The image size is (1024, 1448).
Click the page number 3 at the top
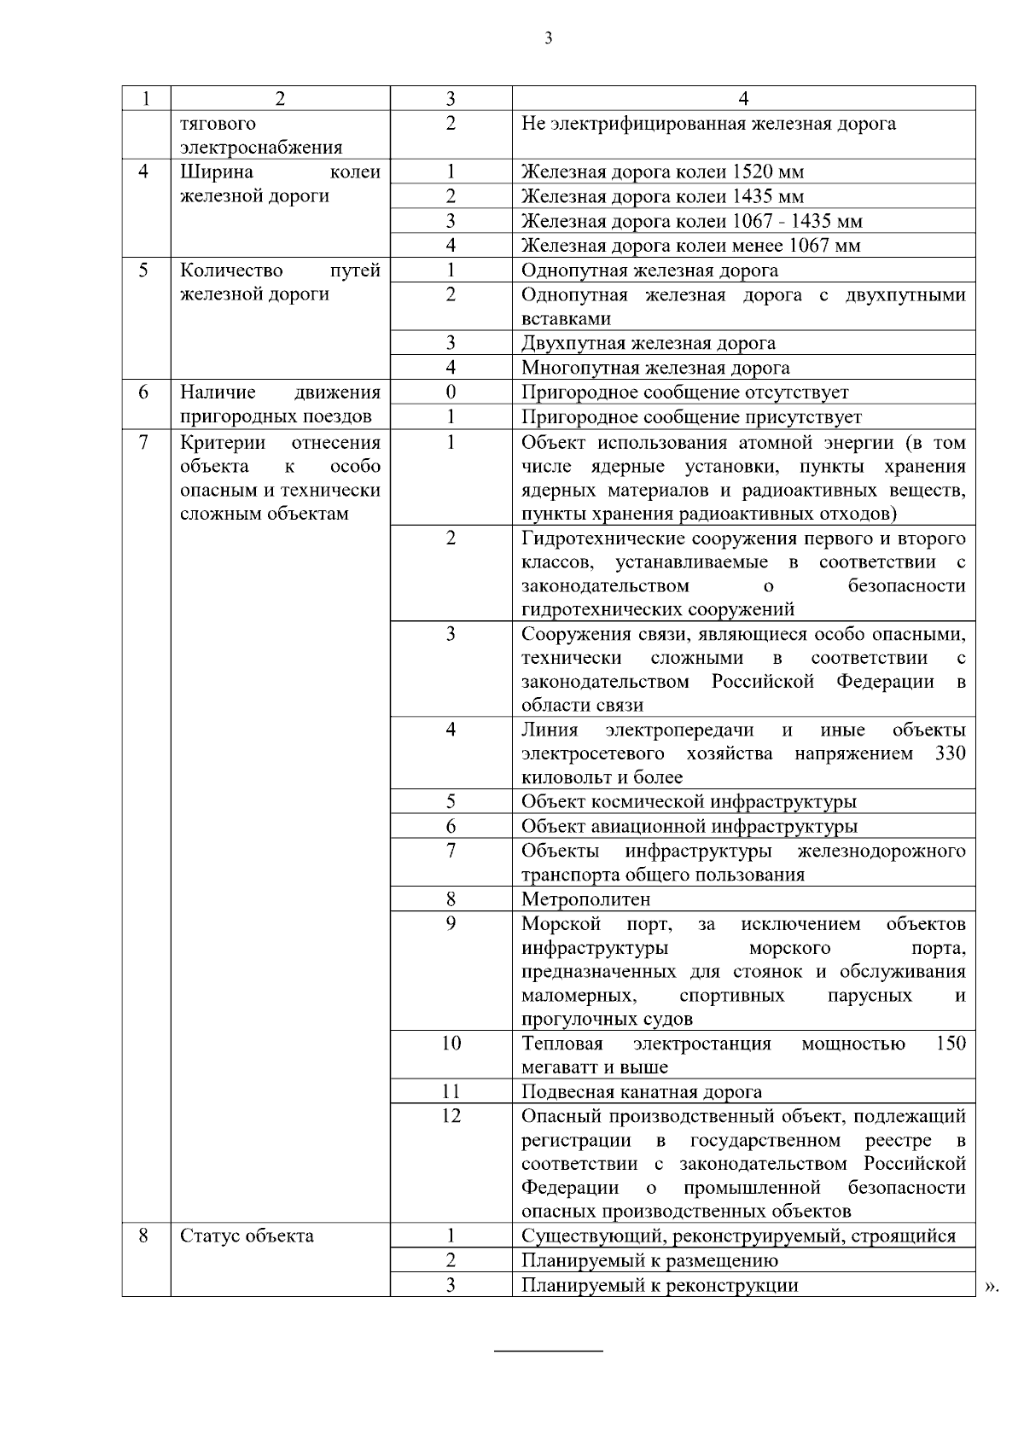pyautogui.click(x=547, y=38)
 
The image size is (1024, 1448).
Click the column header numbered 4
pyautogui.click(x=743, y=99)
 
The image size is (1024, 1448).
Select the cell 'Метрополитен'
pyautogui.click(x=585, y=899)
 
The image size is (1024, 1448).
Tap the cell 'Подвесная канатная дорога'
pyautogui.click(x=642, y=1092)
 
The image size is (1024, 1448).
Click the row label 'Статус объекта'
pyautogui.click(x=247, y=1236)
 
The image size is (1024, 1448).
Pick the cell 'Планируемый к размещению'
pyautogui.click(x=649, y=1261)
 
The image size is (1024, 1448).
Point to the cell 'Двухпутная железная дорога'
pyautogui.click(x=649, y=344)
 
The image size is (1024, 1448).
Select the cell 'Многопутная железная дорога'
pyautogui.click(x=655, y=369)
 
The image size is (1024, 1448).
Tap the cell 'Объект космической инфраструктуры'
pyautogui.click(x=689, y=802)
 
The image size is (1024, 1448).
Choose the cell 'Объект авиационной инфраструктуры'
pyautogui.click(x=689, y=827)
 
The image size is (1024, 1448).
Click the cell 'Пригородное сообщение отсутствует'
pyautogui.click(x=685, y=393)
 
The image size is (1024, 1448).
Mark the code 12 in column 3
pyautogui.click(x=451, y=1116)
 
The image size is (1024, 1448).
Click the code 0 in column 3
pyautogui.click(x=451, y=393)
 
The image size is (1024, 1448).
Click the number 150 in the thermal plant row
pyautogui.click(x=951, y=1044)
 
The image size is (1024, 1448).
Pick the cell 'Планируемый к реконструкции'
pyautogui.click(x=660, y=1286)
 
